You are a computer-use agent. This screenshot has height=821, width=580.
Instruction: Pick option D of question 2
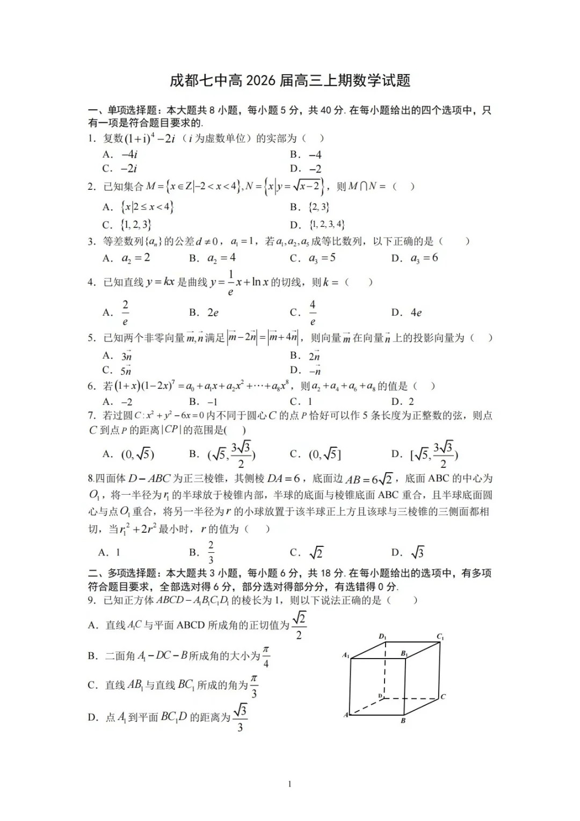(x=318, y=224)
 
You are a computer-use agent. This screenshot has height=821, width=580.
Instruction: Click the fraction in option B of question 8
(x=211, y=552)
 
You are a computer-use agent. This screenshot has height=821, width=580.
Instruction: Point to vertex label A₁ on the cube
(x=346, y=655)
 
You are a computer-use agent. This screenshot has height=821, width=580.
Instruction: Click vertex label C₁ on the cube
(x=440, y=637)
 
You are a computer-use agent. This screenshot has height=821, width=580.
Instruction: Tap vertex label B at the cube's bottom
(x=403, y=720)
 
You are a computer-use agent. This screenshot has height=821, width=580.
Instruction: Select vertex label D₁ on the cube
(x=382, y=637)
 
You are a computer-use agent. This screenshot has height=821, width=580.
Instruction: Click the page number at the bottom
(x=290, y=784)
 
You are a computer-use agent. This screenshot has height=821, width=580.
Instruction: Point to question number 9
(x=92, y=600)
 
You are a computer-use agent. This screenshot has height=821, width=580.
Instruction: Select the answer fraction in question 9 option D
(x=240, y=718)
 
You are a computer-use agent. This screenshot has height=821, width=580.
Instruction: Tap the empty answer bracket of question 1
(x=313, y=138)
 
